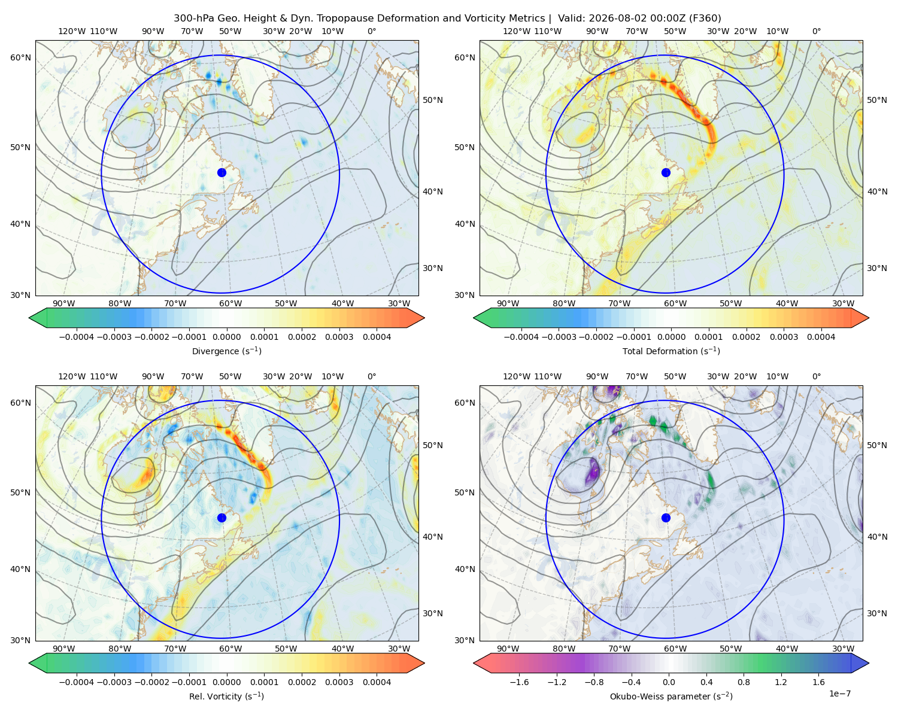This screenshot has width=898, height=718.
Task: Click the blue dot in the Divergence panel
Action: point(222,172)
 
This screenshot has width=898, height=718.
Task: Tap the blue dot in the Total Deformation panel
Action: point(666,172)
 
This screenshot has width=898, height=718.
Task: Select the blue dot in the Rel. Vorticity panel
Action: point(222,518)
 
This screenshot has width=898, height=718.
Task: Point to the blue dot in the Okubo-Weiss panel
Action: point(666,518)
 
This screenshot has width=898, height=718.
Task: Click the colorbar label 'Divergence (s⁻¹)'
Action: point(226,351)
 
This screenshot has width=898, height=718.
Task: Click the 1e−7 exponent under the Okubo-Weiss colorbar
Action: point(839,693)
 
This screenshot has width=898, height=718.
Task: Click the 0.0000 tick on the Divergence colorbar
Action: point(226,337)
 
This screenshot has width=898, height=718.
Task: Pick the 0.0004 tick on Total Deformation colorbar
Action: point(821,337)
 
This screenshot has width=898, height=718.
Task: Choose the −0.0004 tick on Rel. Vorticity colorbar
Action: point(77,682)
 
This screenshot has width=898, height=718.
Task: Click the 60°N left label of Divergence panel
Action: point(20,57)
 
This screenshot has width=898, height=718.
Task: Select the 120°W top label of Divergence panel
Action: point(72,31)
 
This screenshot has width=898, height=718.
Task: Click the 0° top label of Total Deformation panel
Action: point(816,31)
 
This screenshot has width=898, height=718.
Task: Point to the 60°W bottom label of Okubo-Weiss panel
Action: point(675,649)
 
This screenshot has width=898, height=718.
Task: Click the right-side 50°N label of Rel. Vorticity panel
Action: point(433,445)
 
